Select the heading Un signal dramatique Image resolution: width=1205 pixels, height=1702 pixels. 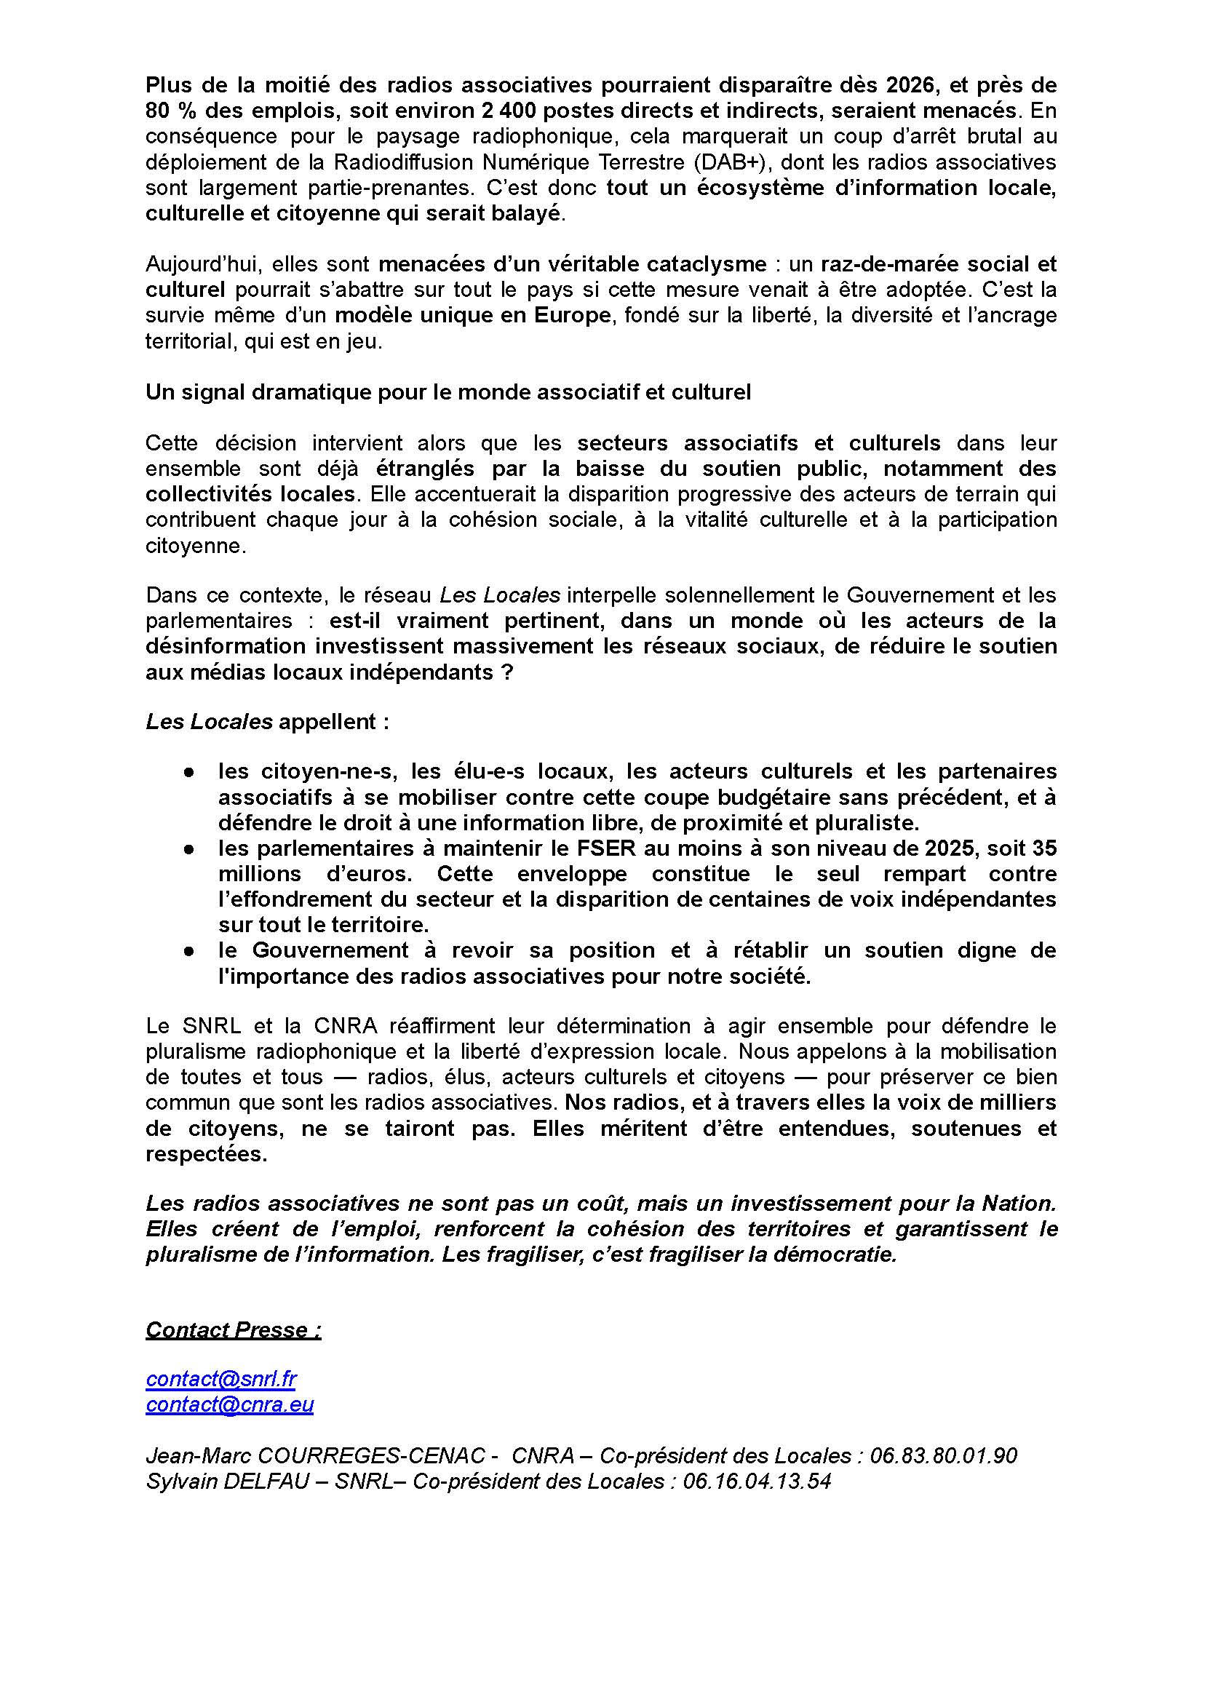448,391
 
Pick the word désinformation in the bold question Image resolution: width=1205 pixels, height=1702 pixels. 226,645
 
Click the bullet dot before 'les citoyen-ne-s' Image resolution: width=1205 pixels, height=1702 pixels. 190,772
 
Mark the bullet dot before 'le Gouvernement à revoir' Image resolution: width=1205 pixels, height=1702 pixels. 190,950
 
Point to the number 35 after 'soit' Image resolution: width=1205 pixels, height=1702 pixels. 1042,848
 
